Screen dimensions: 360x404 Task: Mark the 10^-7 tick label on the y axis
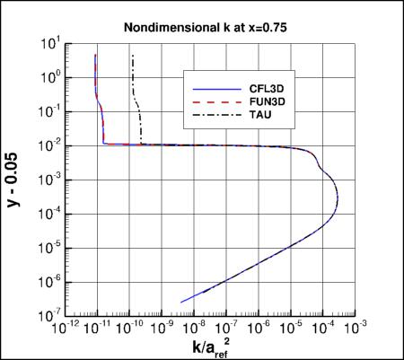pyautogui.click(x=48, y=316)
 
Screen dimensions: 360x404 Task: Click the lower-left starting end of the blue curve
pyautogui.click(x=181, y=302)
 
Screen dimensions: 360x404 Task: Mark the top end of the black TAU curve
pyautogui.click(x=133, y=56)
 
